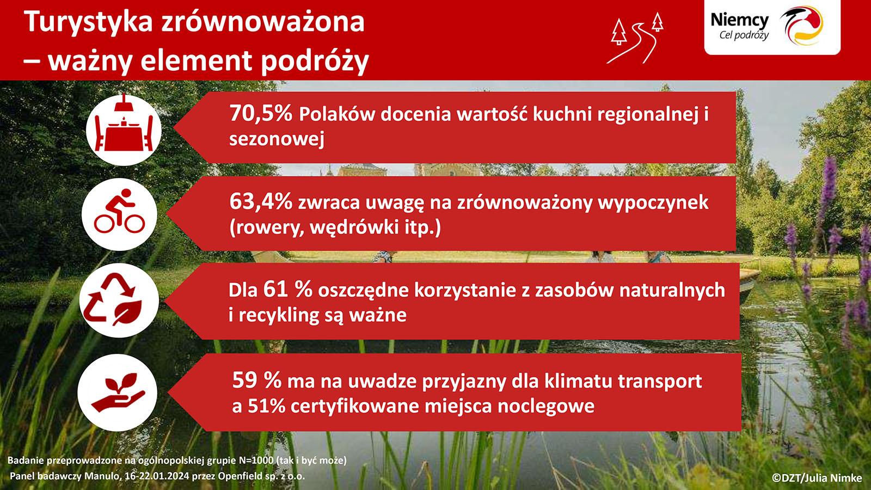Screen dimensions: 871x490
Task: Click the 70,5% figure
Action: point(261,113)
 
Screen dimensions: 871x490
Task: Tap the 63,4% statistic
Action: point(261,202)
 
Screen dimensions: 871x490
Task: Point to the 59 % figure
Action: point(256,380)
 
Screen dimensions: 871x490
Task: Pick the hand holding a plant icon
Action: point(118,393)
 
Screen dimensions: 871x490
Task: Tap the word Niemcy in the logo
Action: point(740,20)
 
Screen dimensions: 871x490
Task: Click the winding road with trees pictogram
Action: point(635,38)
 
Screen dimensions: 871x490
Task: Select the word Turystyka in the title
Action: point(88,22)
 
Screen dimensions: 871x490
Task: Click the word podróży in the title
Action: point(315,61)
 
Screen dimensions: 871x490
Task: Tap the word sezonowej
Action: point(277,139)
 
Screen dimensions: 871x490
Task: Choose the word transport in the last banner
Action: point(660,381)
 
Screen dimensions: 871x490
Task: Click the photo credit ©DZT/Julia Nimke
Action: point(817,478)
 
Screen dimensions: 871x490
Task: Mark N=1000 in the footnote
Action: point(256,461)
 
